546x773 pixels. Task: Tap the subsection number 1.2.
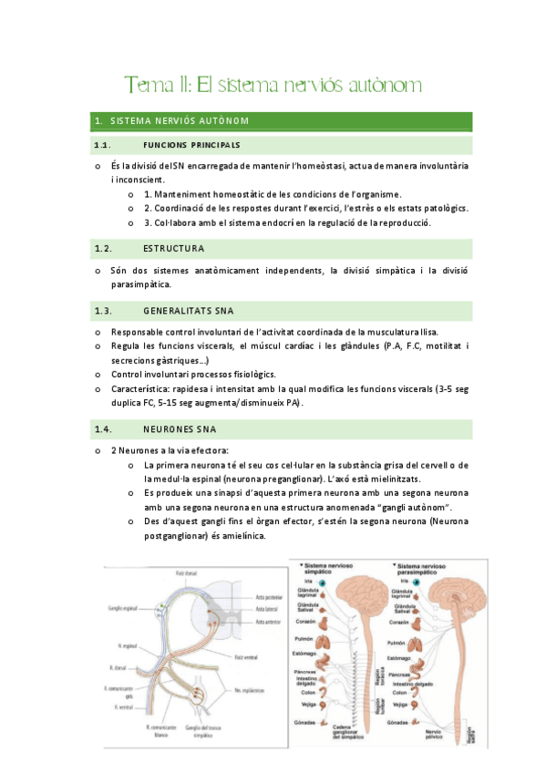coord(102,248)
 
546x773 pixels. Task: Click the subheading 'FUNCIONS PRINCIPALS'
coord(191,145)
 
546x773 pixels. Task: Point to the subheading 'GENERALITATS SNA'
coord(188,311)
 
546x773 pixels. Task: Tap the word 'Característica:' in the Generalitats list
coord(141,388)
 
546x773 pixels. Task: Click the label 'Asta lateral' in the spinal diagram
coord(267,607)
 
